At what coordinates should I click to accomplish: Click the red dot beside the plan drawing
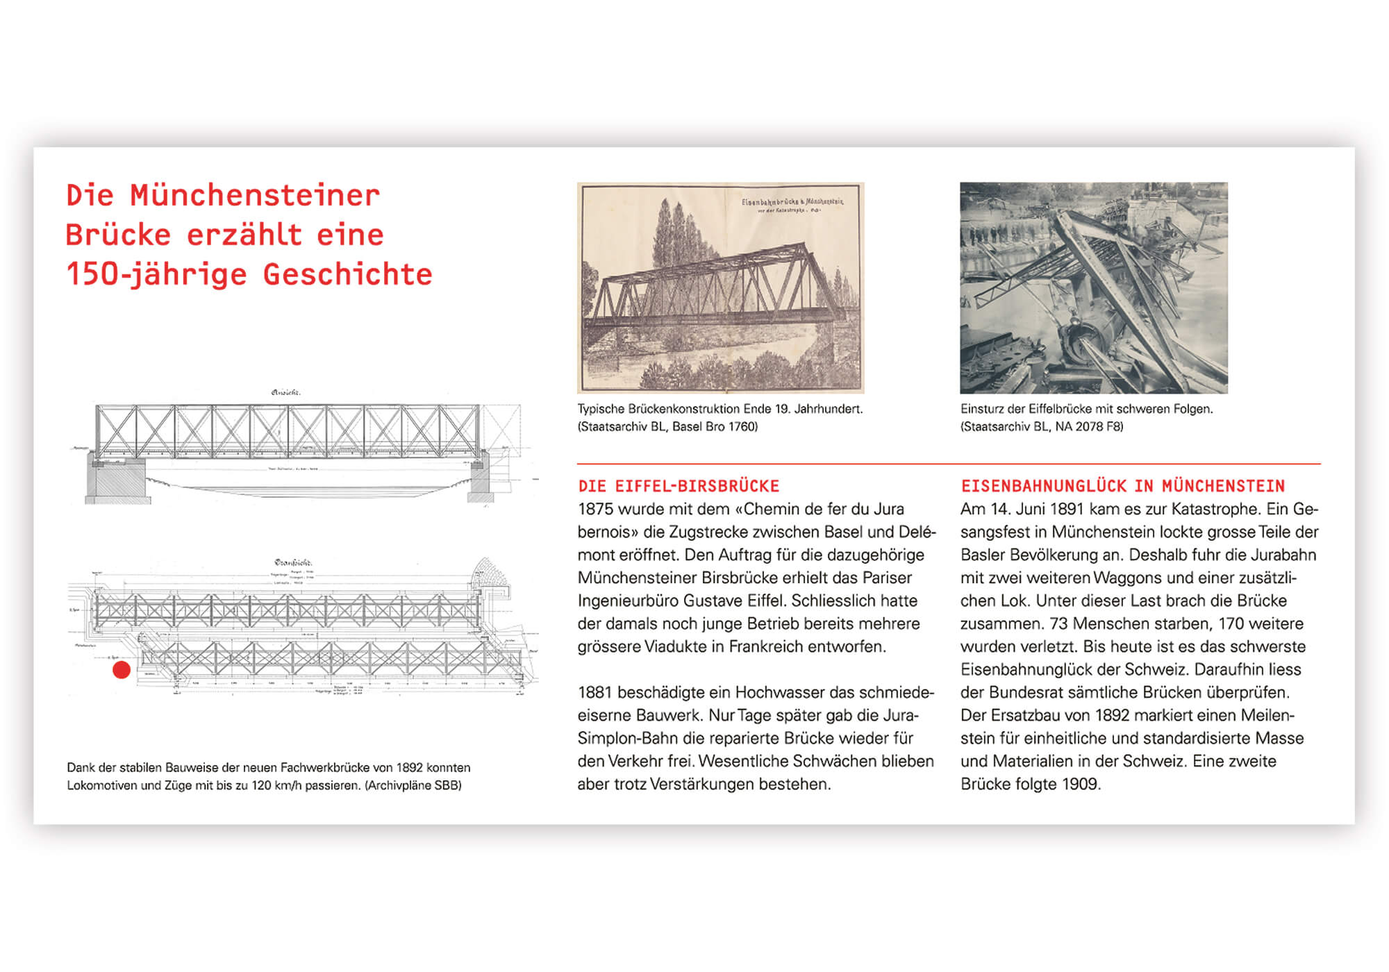click(x=122, y=670)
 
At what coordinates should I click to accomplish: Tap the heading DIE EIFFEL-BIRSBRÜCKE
click(x=679, y=486)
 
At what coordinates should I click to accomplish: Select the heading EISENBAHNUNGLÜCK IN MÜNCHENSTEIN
click(x=1122, y=486)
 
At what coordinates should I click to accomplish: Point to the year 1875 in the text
click(x=595, y=510)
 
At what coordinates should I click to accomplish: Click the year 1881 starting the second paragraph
click(x=595, y=693)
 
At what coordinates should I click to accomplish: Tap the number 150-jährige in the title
click(x=156, y=275)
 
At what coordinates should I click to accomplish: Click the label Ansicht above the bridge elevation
click(x=285, y=393)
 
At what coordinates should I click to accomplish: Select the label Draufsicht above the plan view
click(x=293, y=562)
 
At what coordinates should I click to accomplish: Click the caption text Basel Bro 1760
click(x=715, y=427)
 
